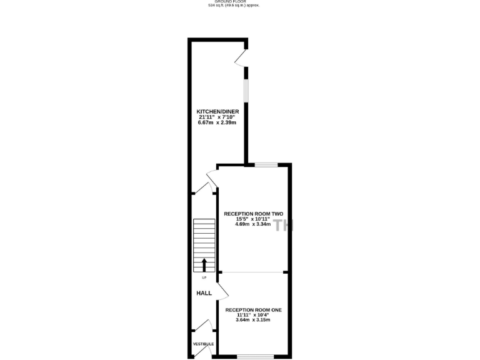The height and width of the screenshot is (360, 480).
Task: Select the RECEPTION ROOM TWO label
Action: pyautogui.click(x=253, y=214)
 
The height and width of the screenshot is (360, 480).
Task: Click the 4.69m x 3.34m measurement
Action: pyautogui.click(x=252, y=224)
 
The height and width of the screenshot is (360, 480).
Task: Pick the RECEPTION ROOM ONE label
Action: pyautogui.click(x=253, y=310)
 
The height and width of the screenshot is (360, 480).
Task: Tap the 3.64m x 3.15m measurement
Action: pyautogui.click(x=252, y=321)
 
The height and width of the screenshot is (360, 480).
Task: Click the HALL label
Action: pyautogui.click(x=204, y=292)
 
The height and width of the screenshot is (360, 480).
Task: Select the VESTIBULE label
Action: pyautogui.click(x=203, y=344)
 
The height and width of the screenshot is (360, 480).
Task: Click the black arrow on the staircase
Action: pyautogui.click(x=204, y=264)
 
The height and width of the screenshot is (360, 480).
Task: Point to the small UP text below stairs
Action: pyautogui.click(x=204, y=278)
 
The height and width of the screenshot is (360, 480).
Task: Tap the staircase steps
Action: pyautogui.click(x=204, y=237)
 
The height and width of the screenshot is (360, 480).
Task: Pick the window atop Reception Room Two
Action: pyautogui.click(x=266, y=165)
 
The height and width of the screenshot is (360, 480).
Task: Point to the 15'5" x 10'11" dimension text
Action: pyautogui.click(x=252, y=219)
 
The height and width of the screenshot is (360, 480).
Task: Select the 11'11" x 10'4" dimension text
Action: pyautogui.click(x=252, y=315)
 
